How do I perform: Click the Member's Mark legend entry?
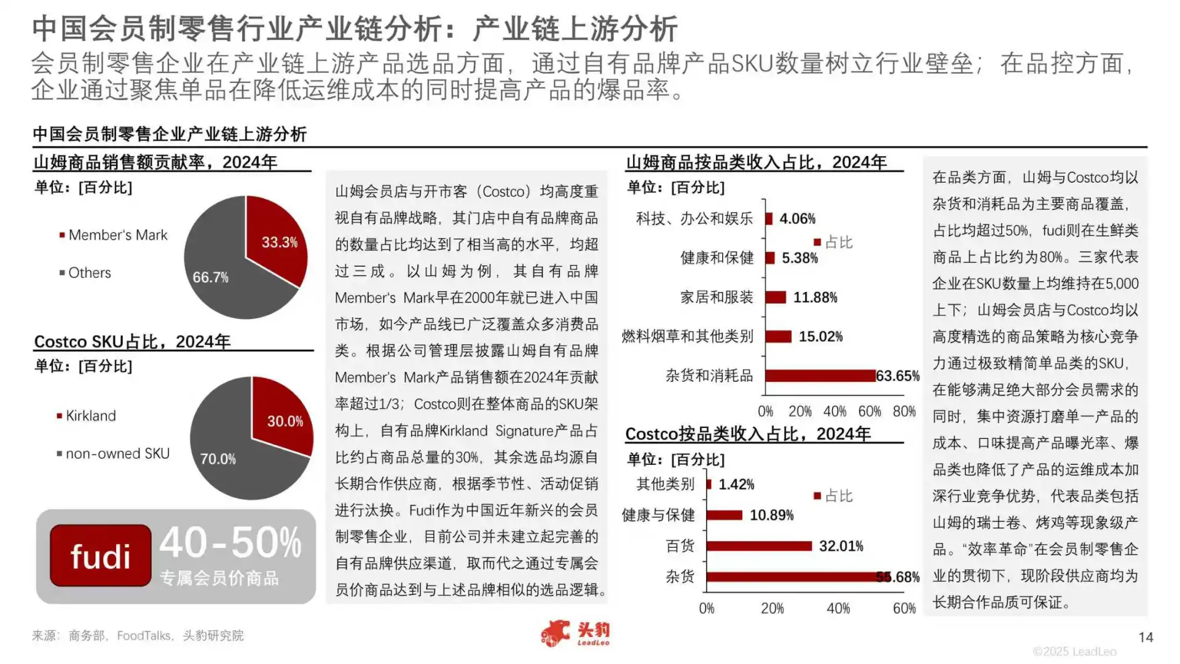tap(117, 235)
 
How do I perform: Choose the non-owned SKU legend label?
tap(117, 454)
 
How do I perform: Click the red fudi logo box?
tap(101, 556)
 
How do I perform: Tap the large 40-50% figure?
tap(230, 543)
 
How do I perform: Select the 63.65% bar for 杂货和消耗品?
tap(820, 376)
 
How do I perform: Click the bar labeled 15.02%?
tap(779, 336)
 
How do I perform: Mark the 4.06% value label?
tap(797, 219)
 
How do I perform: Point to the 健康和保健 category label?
tap(717, 258)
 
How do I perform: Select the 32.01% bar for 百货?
tap(760, 546)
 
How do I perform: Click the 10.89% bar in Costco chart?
tap(725, 515)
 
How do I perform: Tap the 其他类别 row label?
tap(665, 484)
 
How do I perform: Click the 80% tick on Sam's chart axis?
tap(904, 411)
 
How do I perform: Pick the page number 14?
tap(1146, 638)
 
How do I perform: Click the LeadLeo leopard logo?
tap(556, 634)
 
